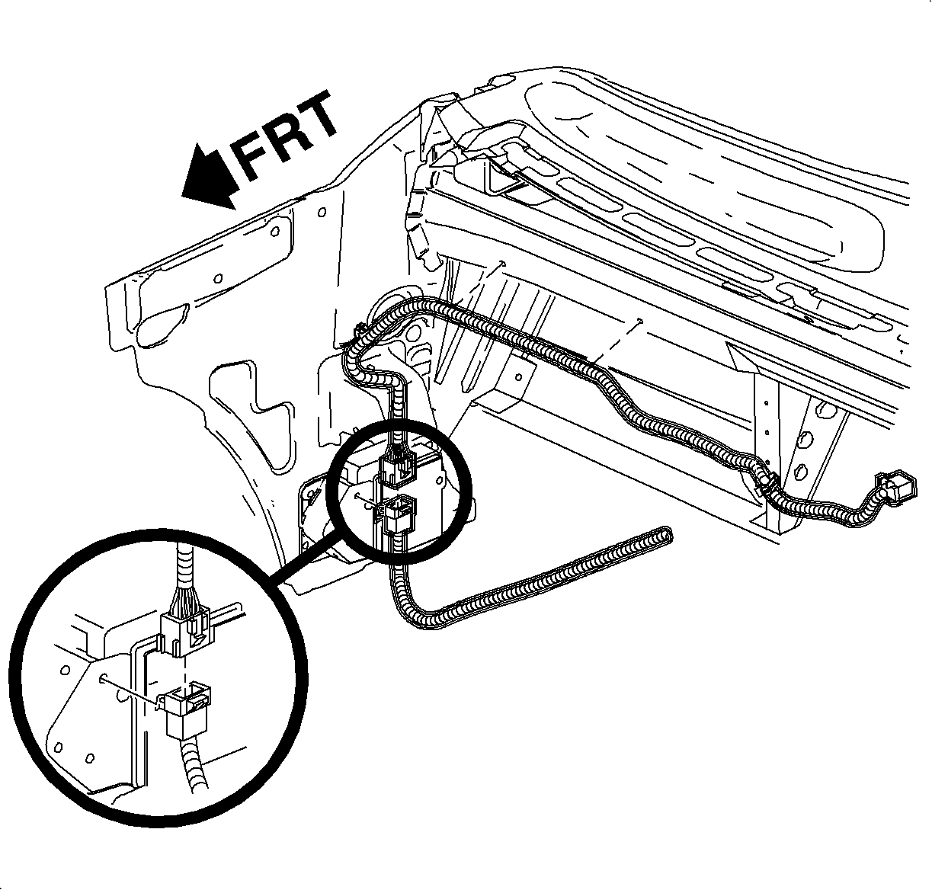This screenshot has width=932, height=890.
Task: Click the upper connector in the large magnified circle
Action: tap(185, 630)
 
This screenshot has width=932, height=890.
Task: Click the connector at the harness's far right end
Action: tap(896, 488)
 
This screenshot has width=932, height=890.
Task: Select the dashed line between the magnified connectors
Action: tap(184, 670)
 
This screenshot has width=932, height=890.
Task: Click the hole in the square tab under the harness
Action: tap(518, 377)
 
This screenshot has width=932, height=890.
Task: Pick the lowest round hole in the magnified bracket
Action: tap(89, 758)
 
